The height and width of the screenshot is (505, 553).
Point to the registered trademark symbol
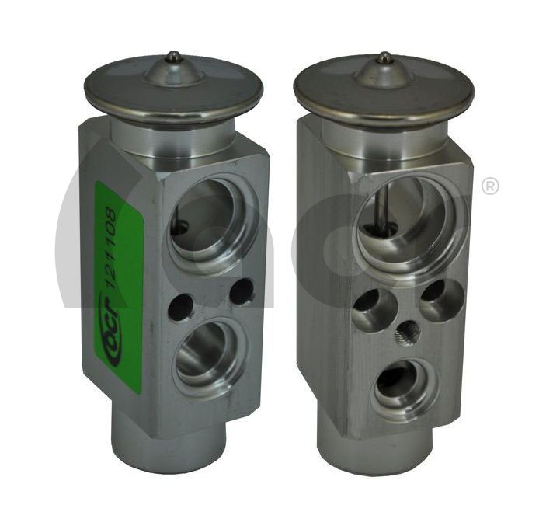pos(489,186)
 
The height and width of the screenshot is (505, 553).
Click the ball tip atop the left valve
pos(173,56)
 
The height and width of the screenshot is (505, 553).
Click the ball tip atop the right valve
pos(384,57)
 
